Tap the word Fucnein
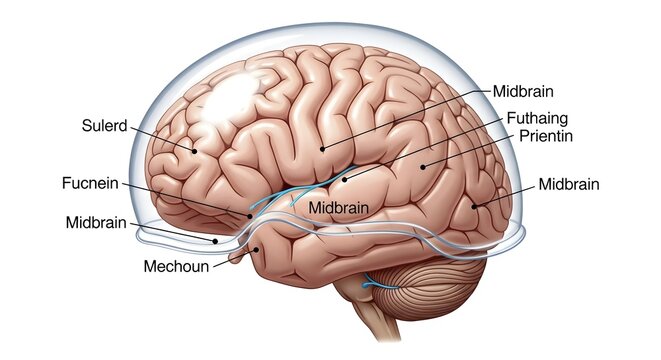[89, 184]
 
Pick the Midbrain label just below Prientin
[570, 184]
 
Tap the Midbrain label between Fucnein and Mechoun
[97, 221]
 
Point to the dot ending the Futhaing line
[345, 180]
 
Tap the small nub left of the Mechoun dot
[236, 257]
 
